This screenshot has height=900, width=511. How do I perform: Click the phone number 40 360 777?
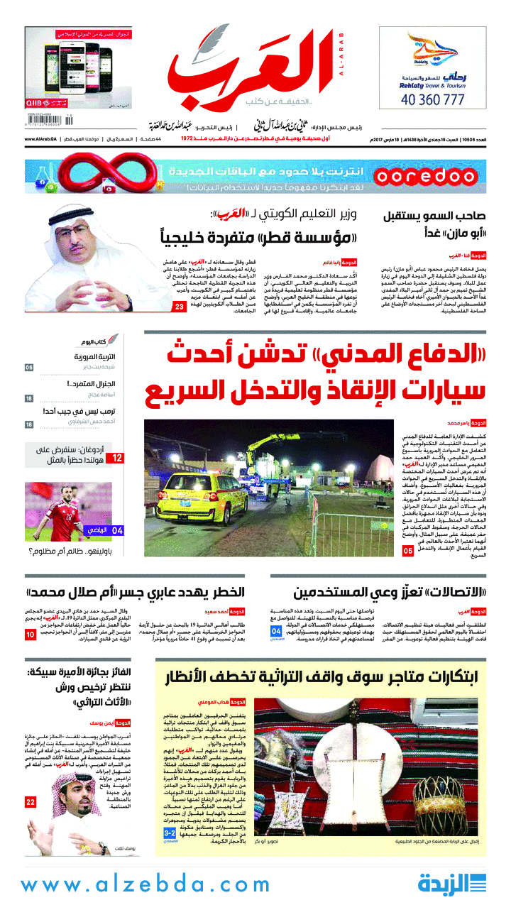[441, 100]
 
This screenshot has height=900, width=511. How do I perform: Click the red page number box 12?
[116, 459]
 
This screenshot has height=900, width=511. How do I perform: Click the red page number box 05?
[407, 551]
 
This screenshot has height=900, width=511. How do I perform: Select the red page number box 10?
[31, 634]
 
